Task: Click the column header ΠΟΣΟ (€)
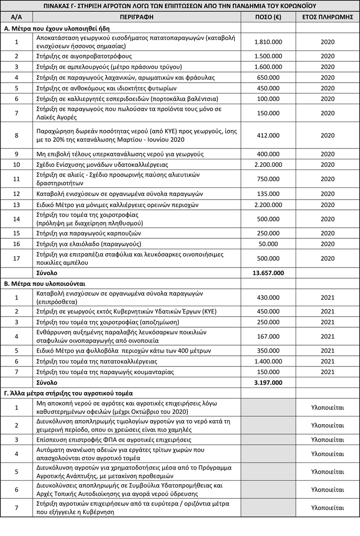tap(268, 17)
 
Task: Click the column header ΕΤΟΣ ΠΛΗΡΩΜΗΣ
tap(327, 17)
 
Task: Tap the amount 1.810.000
tap(268, 41)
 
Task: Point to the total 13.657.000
tap(268, 273)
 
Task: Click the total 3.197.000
tap(268, 382)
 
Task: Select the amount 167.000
tap(268, 337)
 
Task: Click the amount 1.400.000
tap(268, 361)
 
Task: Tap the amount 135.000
tap(268, 194)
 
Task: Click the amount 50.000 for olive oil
tap(268, 243)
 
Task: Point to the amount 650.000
tap(268, 78)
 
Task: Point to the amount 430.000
tap(268, 297)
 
